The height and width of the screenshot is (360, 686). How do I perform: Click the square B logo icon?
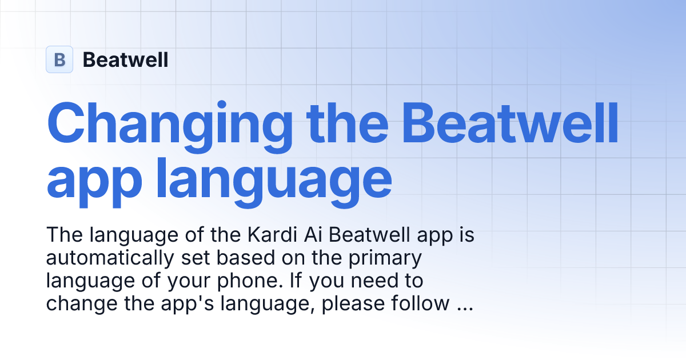(59, 59)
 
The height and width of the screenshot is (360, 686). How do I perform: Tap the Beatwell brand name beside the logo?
(126, 59)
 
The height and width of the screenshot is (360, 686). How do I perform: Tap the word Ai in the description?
(309, 235)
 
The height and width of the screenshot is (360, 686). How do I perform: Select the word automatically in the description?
(109, 258)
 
